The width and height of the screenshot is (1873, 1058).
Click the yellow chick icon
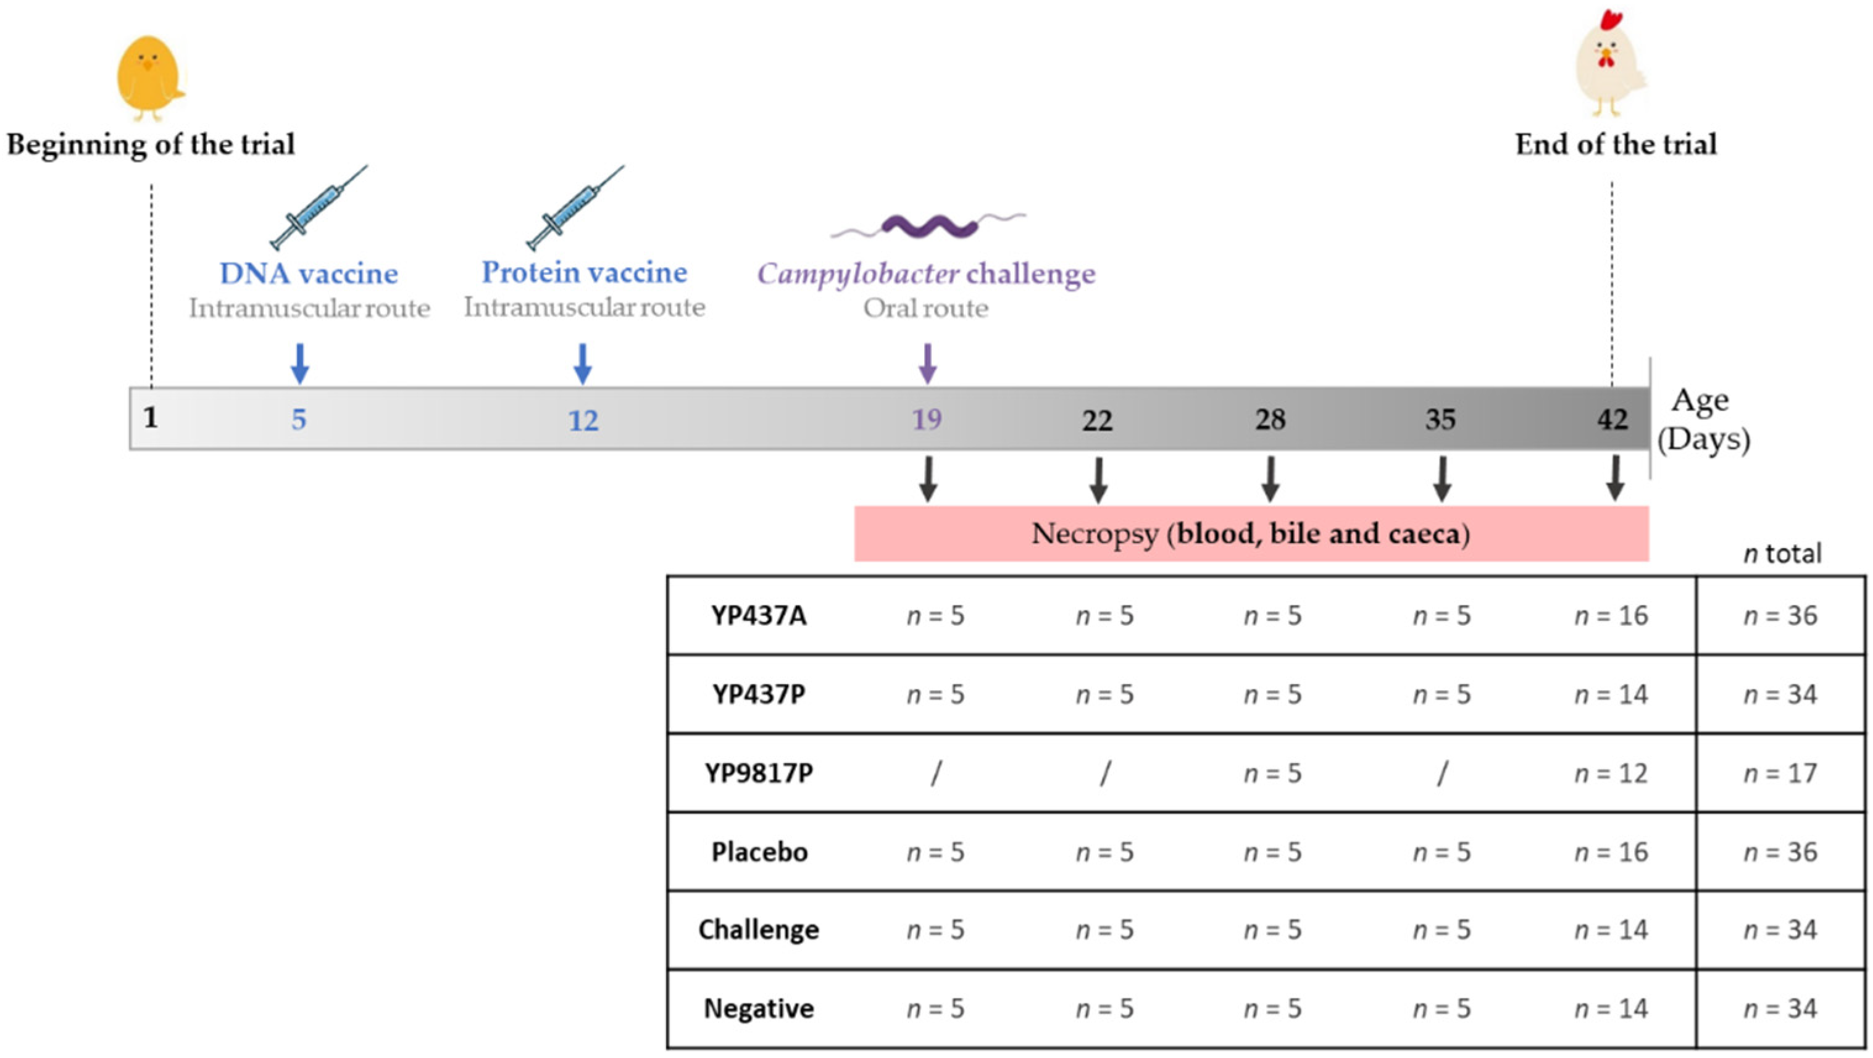click(149, 77)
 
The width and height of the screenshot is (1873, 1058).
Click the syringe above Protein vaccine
click(574, 208)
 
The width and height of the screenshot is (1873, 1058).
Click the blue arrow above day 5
click(299, 363)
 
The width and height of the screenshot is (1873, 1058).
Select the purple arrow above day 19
click(927, 363)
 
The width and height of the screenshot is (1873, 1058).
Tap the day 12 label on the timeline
click(583, 420)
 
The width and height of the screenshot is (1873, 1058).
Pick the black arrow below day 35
click(1442, 479)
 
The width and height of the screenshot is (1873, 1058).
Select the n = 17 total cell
click(1780, 773)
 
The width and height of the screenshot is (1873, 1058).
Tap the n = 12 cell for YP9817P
click(1611, 773)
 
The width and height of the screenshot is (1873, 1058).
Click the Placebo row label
click(759, 851)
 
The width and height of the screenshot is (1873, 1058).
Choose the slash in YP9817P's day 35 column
click(1442, 773)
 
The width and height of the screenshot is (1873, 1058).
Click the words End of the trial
click(1616, 144)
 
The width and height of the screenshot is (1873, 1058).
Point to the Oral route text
click(925, 308)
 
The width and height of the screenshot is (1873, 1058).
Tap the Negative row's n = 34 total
click(1780, 1009)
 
